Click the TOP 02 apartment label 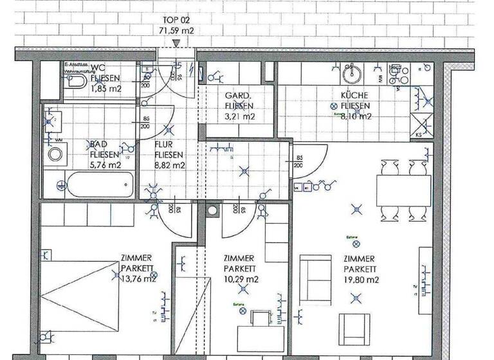click(x=176, y=20)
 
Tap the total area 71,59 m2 click(x=176, y=30)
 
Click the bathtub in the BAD click(x=98, y=186)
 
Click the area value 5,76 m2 click(x=105, y=165)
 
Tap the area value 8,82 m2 click(x=170, y=165)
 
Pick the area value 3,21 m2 click(x=239, y=117)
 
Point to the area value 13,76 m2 click(x=138, y=278)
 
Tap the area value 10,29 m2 click(x=241, y=279)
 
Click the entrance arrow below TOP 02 click(x=176, y=42)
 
